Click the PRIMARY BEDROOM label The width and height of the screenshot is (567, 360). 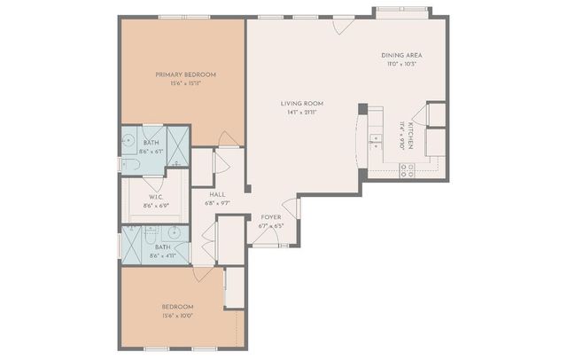click(185, 74)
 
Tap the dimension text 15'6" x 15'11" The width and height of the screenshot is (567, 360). click(185, 84)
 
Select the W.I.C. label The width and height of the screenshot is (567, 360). click(155, 198)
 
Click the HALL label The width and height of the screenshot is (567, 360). click(217, 194)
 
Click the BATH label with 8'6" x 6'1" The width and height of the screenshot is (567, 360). click(151, 143)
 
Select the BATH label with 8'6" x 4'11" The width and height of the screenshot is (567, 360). click(162, 247)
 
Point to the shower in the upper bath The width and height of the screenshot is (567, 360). click(178, 147)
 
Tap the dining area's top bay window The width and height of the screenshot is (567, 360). click(401, 11)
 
